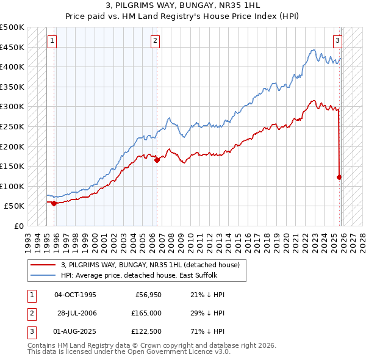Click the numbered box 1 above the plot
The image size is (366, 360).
tap(52, 41)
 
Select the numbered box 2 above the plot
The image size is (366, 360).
tap(156, 41)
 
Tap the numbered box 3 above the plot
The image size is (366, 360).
tap(337, 41)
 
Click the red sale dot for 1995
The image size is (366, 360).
tap(54, 204)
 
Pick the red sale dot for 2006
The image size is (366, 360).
tap(157, 160)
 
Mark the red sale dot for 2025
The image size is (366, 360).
tap(340, 178)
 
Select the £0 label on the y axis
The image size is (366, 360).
tap(17, 226)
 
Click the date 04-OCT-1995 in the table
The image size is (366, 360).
tap(76, 295)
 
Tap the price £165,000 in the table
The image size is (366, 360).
tap(146, 313)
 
